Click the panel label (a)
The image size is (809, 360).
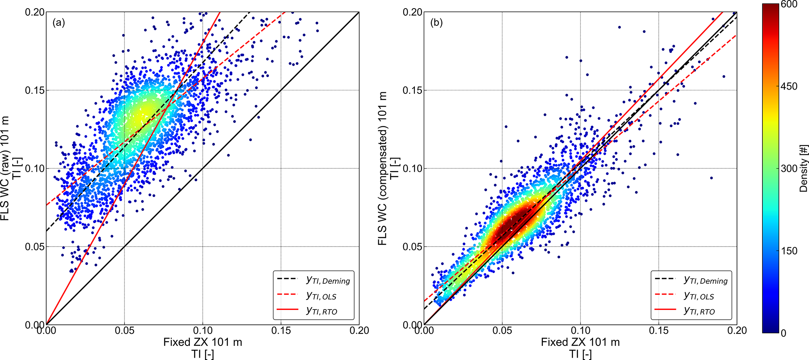pyautogui.click(x=59, y=23)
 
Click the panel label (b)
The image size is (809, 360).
pyautogui.click(x=436, y=23)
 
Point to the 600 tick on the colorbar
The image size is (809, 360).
pyautogui.click(x=789, y=4)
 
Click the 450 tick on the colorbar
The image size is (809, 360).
pyautogui.click(x=789, y=86)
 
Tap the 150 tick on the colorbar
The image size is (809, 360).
pyautogui.click(x=789, y=251)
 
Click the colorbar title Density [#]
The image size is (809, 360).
pyautogui.click(x=803, y=168)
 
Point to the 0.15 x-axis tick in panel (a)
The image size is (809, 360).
pyautogui.click(x=281, y=331)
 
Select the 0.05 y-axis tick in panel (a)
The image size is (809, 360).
pyautogui.click(x=33, y=247)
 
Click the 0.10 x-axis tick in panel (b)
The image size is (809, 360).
pyautogui.click(x=580, y=331)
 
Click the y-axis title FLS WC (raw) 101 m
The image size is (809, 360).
pyautogui.click(x=5, y=168)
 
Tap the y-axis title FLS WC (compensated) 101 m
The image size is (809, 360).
pyautogui.click(x=382, y=168)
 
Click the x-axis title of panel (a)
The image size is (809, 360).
pyautogui.click(x=203, y=342)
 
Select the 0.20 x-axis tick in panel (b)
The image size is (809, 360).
pyautogui.click(x=737, y=331)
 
